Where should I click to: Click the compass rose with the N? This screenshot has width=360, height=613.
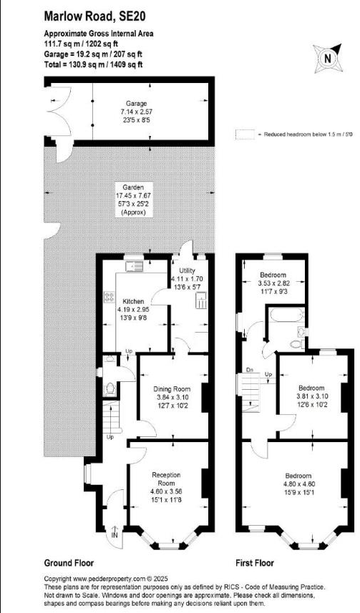[x=326, y=58]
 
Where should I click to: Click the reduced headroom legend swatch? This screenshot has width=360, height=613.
[x=247, y=134]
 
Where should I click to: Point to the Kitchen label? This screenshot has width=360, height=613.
[x=135, y=301]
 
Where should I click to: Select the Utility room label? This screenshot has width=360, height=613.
[x=188, y=272]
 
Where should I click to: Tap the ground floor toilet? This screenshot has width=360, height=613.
[x=110, y=388]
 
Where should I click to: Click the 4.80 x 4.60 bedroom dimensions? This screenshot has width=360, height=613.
[x=298, y=484]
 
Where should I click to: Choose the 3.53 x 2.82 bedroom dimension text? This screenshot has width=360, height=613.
[x=273, y=283]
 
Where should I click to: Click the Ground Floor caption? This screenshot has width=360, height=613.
[x=69, y=563]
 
